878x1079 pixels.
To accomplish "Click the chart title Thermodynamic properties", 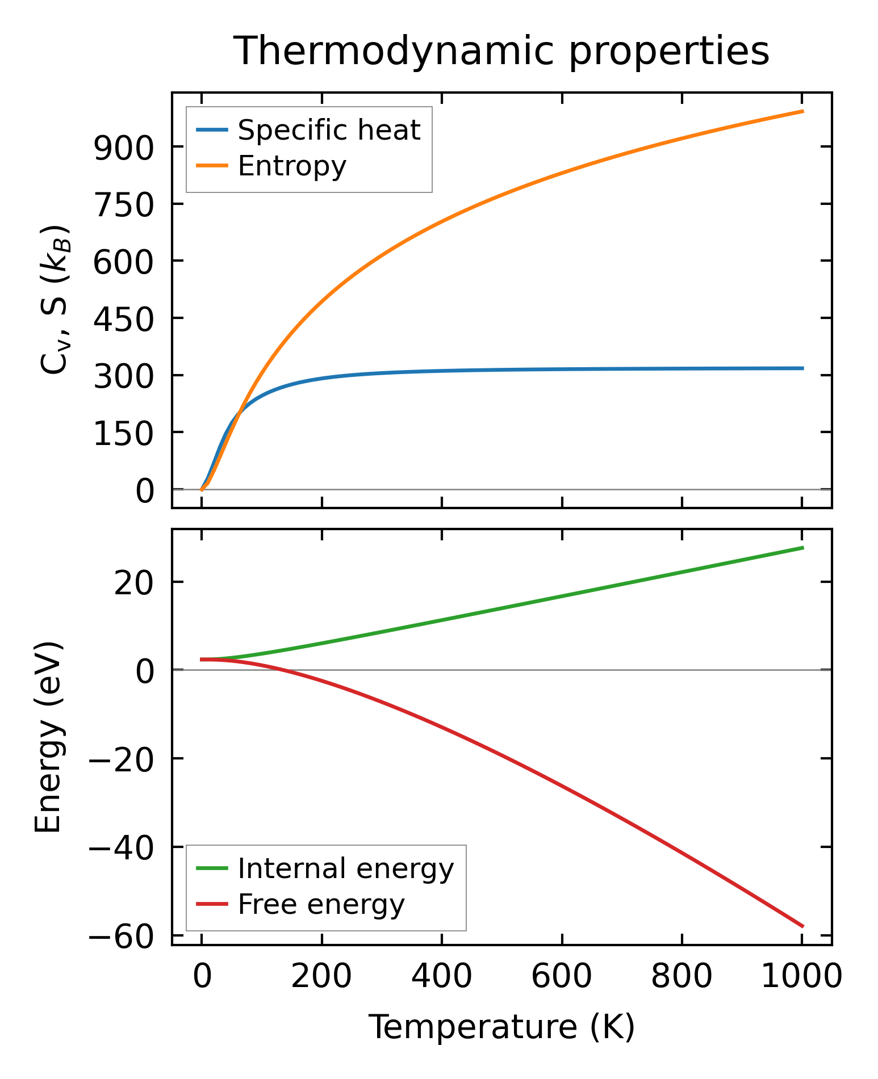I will tap(501, 51).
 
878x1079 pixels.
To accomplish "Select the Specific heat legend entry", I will tap(328, 130).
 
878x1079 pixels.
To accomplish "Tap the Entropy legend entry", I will tap(291, 166).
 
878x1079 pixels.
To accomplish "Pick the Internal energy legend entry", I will tap(345, 868).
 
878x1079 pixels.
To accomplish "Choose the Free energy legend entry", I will tap(321, 904).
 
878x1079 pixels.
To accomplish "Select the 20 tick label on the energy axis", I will tap(133, 583).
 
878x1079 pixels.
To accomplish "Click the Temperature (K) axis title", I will tap(501, 1027).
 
